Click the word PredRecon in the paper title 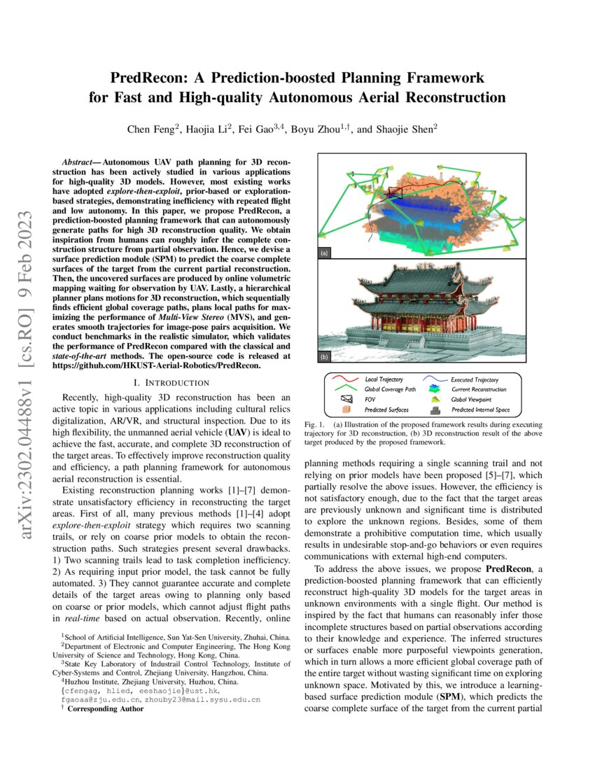point(148,76)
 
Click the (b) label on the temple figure point(324,356)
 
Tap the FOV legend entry point(371,399)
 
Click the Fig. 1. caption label point(315,425)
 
